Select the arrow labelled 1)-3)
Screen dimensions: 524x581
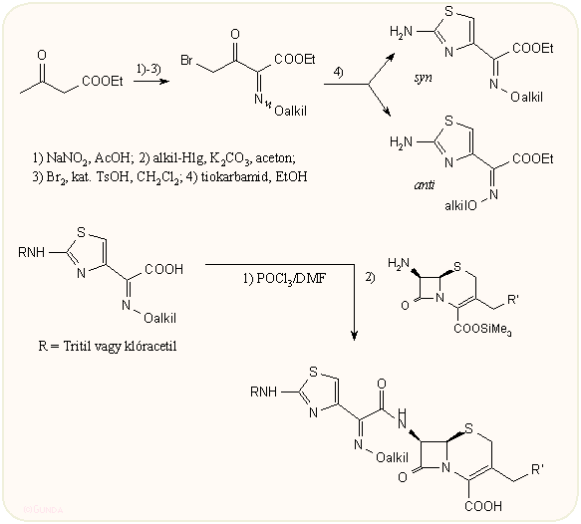tap(150, 88)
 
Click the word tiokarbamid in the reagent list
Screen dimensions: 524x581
tap(227, 176)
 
